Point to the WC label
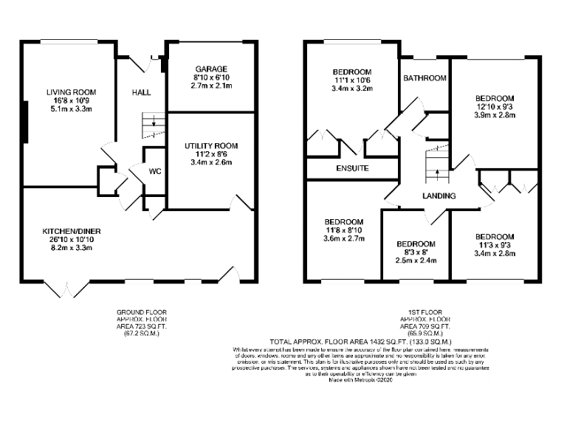pos(155,171)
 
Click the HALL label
pos(141,93)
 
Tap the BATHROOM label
pos(425,78)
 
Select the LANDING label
pos(439,196)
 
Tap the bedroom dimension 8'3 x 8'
pos(416,252)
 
